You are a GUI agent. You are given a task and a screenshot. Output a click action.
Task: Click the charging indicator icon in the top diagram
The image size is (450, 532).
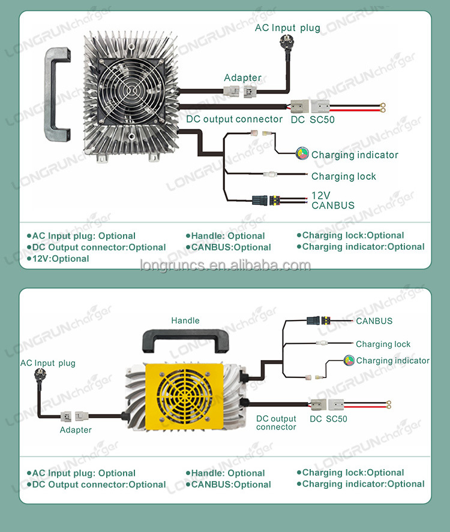(302, 154)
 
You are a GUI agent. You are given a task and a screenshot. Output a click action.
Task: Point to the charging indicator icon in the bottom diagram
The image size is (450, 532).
(349, 360)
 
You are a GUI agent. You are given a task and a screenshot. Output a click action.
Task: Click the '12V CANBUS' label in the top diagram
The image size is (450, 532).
(333, 201)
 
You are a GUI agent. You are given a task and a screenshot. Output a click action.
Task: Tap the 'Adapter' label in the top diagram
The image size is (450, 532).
(242, 78)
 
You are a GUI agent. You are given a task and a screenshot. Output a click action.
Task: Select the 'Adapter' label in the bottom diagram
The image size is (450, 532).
(76, 430)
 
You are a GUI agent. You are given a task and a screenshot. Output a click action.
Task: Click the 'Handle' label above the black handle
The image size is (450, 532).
(185, 321)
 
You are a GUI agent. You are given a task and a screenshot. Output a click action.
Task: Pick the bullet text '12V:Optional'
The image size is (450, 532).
(58, 259)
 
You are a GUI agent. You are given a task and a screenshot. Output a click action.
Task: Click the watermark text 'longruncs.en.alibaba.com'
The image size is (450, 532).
(226, 265)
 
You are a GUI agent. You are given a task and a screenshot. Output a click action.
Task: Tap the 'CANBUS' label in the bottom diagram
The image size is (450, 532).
(374, 321)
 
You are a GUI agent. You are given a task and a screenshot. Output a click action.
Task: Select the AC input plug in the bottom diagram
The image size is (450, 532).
(40, 376)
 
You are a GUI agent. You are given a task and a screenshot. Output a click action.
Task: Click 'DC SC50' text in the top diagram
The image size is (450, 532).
(313, 119)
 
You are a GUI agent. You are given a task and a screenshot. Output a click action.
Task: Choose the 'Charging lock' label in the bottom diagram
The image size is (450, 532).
(383, 344)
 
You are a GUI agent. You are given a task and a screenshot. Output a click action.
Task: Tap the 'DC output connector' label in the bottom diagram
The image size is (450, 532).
(276, 423)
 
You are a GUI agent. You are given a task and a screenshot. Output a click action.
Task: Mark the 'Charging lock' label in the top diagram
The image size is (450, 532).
(344, 176)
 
